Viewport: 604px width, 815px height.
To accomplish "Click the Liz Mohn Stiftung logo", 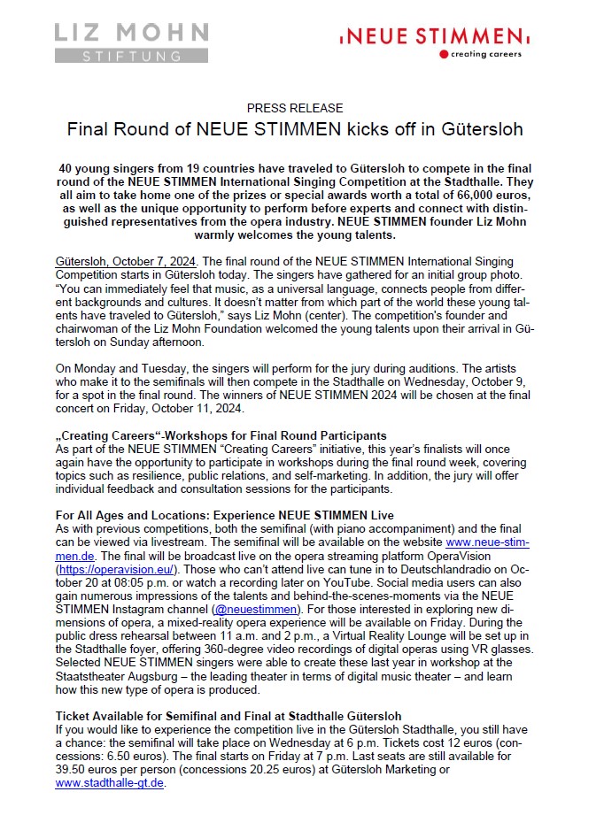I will pyautogui.click(x=132, y=42).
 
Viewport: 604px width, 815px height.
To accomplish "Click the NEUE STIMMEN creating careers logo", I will pyautogui.click(x=431, y=41).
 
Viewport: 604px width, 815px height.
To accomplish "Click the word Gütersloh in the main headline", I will pyautogui.click(x=478, y=129).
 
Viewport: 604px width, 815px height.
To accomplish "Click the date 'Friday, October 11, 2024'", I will pyautogui.click(x=176, y=410).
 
